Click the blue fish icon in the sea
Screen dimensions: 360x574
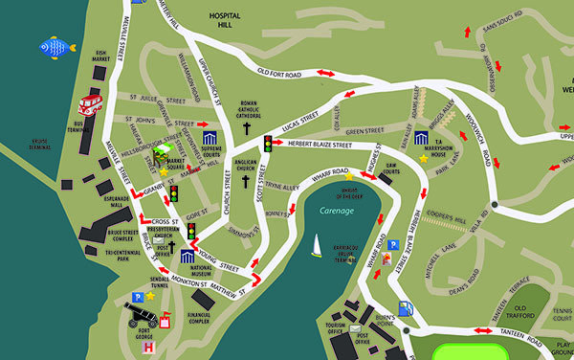click(55, 46)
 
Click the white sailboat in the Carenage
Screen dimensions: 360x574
click(316, 246)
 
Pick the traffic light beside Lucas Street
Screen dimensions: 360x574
click(268, 145)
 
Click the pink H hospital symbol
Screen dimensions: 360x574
click(147, 349)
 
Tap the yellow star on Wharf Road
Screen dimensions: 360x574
click(348, 176)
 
